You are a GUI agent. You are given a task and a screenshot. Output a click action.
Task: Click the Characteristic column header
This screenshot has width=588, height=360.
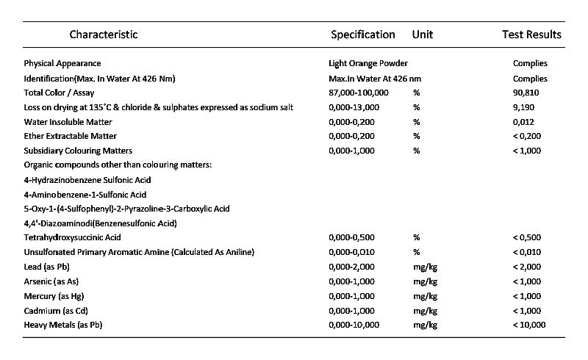pyautogui.click(x=104, y=35)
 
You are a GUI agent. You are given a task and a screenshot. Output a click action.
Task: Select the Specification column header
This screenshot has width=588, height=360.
pyautogui.click(x=362, y=35)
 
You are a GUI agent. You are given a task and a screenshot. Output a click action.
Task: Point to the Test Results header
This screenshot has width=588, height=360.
pyautogui.click(x=531, y=35)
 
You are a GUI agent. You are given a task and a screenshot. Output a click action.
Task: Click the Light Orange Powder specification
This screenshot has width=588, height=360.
pyautogui.click(x=368, y=64)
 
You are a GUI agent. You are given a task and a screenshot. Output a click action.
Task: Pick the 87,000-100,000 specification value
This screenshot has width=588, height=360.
pyautogui.click(x=359, y=93)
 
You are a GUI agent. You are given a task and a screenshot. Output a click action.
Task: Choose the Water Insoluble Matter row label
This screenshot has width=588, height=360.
pyautogui.click(x=68, y=122)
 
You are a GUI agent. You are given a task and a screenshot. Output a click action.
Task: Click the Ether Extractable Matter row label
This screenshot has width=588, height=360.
pyautogui.click(x=71, y=136)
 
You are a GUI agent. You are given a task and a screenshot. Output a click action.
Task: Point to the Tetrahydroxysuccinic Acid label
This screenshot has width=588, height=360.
pyautogui.click(x=72, y=237)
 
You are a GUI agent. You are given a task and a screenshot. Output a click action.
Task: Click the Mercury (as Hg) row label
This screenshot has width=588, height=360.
pyautogui.click(x=56, y=295)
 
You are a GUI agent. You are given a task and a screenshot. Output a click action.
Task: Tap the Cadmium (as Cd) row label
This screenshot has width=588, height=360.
pyautogui.click(x=56, y=310)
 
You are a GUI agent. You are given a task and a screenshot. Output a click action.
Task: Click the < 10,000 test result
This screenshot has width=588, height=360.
pyautogui.click(x=529, y=324)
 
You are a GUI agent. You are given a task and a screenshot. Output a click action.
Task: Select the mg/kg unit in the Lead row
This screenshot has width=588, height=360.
pyautogui.click(x=426, y=267)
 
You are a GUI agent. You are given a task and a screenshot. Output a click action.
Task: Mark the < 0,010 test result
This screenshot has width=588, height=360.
pyautogui.click(x=527, y=252)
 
